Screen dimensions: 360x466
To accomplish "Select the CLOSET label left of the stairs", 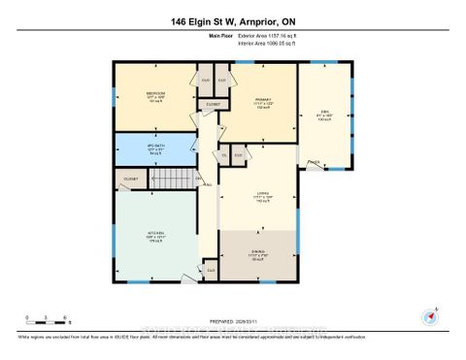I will (131, 180).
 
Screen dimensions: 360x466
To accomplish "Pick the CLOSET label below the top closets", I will (215, 104).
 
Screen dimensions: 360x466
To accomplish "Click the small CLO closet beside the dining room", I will (211, 270).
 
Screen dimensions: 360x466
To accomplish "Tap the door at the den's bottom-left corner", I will (311, 162).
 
